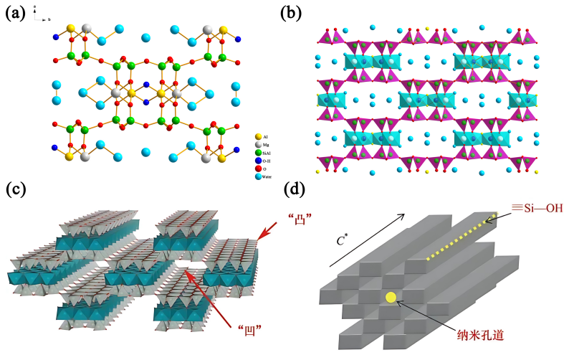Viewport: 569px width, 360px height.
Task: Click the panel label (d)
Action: (300, 189)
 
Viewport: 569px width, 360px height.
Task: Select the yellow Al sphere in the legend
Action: (258, 135)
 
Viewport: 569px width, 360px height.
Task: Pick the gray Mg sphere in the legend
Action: (258, 143)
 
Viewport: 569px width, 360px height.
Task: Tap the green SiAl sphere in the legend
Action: (258, 152)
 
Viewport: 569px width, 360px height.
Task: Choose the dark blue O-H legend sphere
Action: (258, 161)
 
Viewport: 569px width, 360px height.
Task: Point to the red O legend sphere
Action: (258, 169)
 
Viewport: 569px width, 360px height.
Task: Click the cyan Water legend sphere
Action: (258, 178)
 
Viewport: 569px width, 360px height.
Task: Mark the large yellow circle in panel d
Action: (391, 297)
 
